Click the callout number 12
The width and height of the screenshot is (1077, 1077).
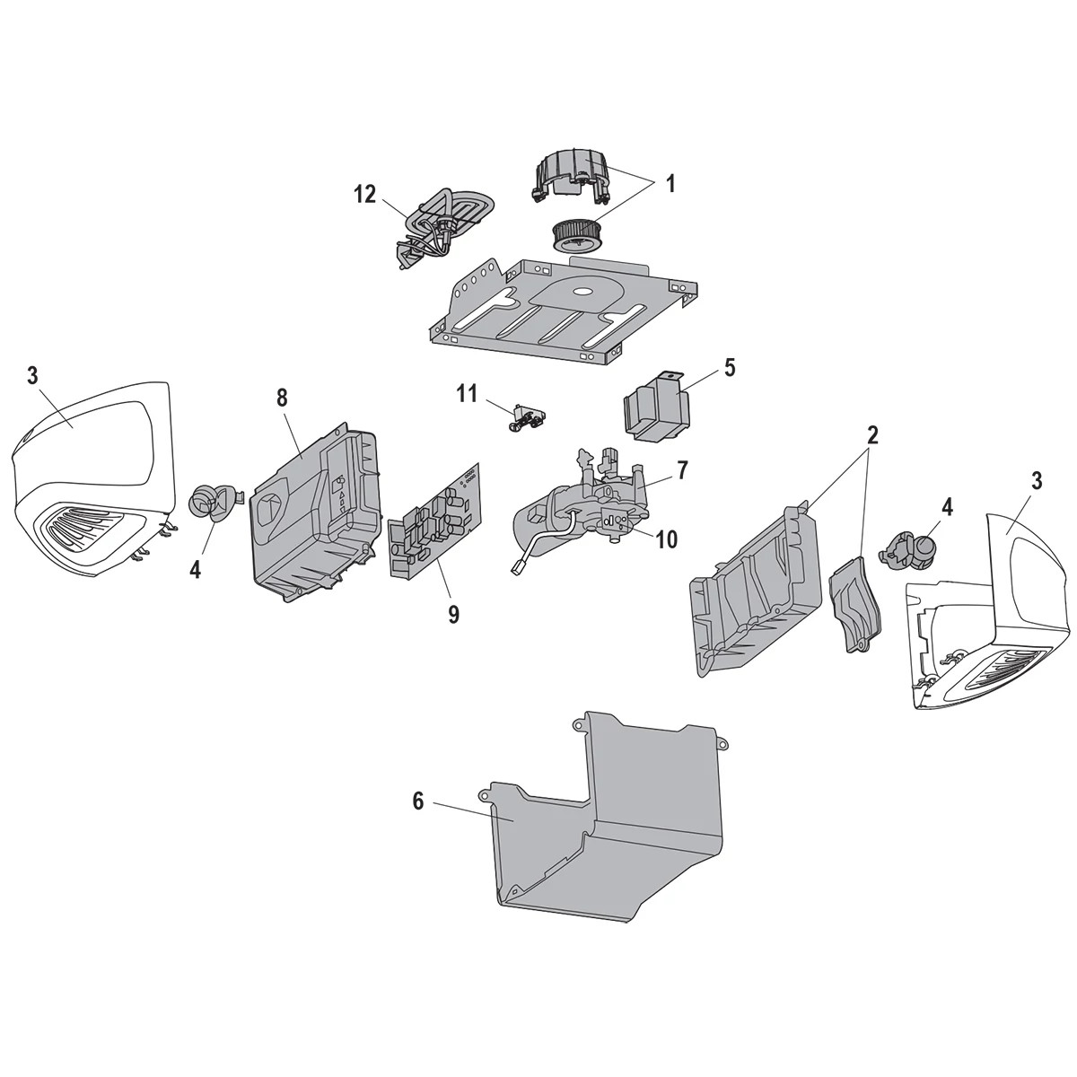click(x=364, y=194)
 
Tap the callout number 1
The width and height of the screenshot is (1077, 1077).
click(x=670, y=184)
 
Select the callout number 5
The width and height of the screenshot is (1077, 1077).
click(x=729, y=368)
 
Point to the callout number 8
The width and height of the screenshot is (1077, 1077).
click(x=284, y=397)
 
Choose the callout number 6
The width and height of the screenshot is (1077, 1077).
click(x=418, y=801)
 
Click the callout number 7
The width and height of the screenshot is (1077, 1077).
click(x=682, y=469)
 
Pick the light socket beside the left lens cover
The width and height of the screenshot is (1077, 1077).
click(x=210, y=501)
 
